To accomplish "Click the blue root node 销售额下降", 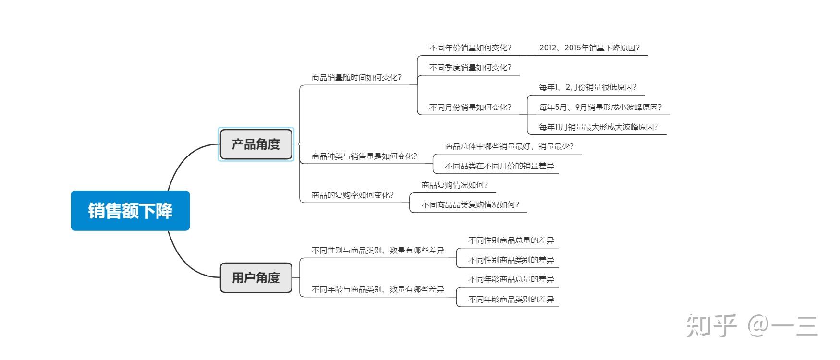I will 130,211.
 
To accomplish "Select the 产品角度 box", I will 256,144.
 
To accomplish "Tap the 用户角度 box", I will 256,277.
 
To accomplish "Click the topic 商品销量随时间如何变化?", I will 356,77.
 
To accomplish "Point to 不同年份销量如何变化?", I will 470,48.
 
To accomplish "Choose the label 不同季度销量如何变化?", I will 470,68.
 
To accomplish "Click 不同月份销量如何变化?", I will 470,108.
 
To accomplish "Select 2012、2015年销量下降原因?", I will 589,48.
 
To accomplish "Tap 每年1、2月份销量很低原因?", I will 588,87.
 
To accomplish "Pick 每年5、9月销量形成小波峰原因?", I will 600,108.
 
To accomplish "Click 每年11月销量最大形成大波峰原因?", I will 598,127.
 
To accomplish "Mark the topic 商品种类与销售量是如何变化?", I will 364,156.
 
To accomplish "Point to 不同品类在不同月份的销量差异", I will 499,166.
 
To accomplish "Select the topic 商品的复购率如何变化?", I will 353,195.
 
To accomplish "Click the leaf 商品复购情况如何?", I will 454,185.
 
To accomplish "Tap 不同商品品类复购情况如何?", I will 470,205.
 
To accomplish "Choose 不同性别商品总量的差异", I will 511,240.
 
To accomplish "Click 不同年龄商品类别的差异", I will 511,300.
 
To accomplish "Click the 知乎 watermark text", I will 711,326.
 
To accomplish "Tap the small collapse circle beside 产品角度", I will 300,144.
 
